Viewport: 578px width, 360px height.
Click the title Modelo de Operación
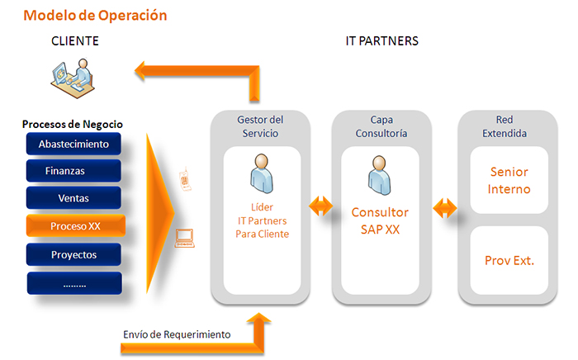[95, 15]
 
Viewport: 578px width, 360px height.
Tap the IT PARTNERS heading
[381, 40]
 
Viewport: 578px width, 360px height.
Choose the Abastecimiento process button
[74, 144]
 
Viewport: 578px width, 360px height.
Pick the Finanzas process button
[74, 171]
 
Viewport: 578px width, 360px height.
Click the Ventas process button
[74, 198]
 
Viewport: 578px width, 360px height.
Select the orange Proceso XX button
[74, 225]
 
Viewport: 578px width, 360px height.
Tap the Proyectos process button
[74, 254]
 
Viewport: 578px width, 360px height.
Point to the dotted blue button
[74, 282]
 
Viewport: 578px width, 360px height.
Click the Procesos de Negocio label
[73, 124]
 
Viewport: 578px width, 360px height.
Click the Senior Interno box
[509, 181]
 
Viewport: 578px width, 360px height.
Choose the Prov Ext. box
[509, 260]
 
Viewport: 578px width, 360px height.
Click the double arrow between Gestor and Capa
[320, 205]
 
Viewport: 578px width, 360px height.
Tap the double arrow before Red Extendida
[443, 205]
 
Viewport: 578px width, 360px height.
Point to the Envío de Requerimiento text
[176, 334]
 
